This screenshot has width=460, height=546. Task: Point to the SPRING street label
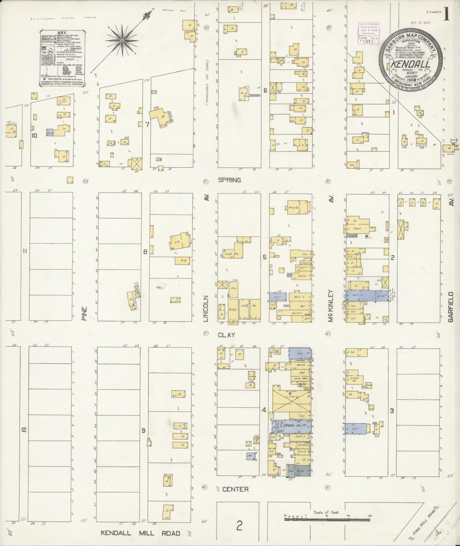pos(229,180)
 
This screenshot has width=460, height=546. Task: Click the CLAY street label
pos(226,335)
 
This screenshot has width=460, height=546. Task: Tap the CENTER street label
pos(235,489)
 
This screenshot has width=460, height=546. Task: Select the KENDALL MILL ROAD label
pos(140,533)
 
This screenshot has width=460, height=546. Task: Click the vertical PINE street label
pos(84,313)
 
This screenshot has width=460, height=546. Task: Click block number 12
pos(23,430)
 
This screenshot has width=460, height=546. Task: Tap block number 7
pos(147,125)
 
